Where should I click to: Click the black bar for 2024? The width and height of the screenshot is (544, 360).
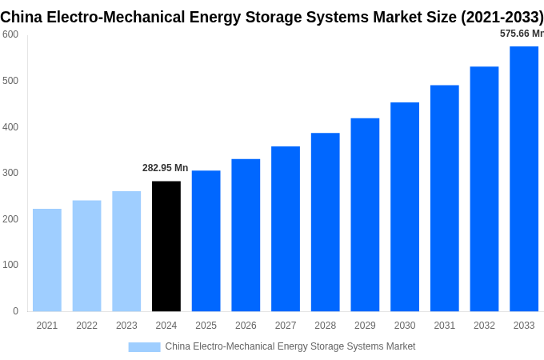click(x=166, y=246)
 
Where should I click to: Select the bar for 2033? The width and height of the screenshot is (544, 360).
click(x=524, y=179)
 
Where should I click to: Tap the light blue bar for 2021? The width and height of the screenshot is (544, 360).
click(x=47, y=260)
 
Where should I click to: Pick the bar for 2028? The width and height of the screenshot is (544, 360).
click(x=326, y=222)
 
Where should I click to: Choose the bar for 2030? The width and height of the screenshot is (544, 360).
click(x=405, y=207)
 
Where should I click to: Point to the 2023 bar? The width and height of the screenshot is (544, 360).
click(x=126, y=251)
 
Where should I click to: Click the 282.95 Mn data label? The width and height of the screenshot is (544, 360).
click(x=165, y=168)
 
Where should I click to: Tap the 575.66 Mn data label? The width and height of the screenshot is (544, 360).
click(x=522, y=34)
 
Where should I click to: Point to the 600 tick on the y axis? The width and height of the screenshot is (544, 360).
click(x=10, y=34)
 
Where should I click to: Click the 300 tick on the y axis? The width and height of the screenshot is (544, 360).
click(x=10, y=173)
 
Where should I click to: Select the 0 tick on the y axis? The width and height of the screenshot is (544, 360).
click(x=15, y=311)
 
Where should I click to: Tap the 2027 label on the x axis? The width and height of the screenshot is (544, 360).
click(x=286, y=326)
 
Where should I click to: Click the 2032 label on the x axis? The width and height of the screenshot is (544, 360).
click(x=484, y=326)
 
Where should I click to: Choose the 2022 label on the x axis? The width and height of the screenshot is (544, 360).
click(x=86, y=326)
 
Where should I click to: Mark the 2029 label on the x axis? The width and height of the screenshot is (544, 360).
click(x=365, y=326)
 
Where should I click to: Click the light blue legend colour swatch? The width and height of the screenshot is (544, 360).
click(x=144, y=347)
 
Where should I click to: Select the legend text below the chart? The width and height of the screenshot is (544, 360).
click(x=290, y=346)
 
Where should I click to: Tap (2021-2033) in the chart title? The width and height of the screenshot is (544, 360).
click(x=502, y=16)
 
